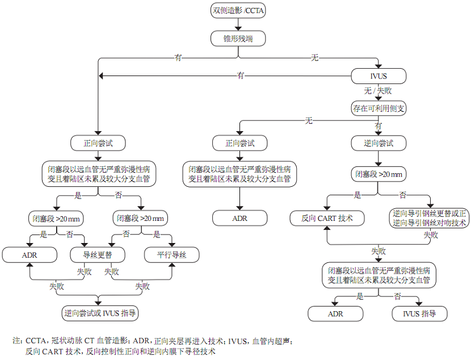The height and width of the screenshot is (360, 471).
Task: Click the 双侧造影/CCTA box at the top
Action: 238,10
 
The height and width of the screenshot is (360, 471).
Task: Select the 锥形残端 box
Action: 238,39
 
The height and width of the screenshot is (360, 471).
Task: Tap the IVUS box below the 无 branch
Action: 379,76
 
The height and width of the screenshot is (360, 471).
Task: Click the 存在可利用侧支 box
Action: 379,108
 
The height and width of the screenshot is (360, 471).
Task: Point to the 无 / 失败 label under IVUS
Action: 378,91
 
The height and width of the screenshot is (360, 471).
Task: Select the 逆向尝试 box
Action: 379,143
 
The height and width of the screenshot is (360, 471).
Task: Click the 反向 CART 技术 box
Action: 327,218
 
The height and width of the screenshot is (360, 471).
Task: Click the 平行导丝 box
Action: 171,256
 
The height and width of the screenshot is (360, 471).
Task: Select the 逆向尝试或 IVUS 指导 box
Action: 101,312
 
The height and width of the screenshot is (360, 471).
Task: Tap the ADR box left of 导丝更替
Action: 30,256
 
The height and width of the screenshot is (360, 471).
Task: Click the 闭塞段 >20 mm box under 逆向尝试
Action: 379,174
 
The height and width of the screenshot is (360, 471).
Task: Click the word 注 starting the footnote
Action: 16,341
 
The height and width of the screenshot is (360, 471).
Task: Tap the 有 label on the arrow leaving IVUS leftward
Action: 241,75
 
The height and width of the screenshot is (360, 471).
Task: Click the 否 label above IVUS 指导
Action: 398,296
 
